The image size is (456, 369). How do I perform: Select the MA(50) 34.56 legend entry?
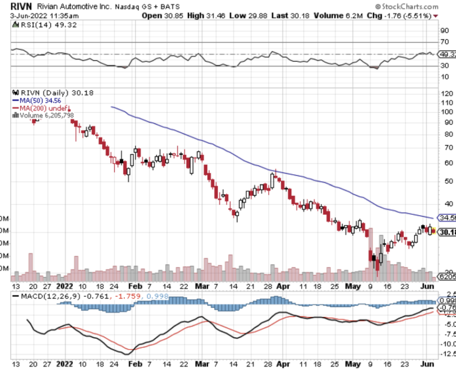(x=38, y=100)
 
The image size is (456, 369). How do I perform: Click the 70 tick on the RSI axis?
(x=445, y=42)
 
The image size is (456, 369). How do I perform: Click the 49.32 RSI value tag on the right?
(x=447, y=54)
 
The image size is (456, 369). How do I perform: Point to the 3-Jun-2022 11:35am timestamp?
(x=42, y=16)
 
